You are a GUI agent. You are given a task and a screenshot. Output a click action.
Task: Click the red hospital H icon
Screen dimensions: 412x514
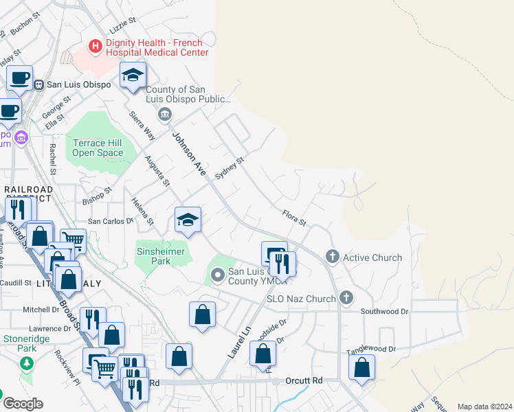[96, 46]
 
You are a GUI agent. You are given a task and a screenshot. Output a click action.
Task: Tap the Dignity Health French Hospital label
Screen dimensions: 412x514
[157, 47]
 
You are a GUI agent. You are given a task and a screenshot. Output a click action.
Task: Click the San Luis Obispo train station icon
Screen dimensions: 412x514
[39, 84]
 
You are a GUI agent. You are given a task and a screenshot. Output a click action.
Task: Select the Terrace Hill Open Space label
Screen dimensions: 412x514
[98, 148]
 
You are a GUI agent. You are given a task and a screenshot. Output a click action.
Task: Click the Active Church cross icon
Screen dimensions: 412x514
[333, 257]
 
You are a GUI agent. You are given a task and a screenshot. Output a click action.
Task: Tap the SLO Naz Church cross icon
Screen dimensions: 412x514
[346, 298]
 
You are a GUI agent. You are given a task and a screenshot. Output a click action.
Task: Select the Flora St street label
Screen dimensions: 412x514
[293, 217]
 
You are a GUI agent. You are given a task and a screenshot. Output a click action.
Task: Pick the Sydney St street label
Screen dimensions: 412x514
[230, 168]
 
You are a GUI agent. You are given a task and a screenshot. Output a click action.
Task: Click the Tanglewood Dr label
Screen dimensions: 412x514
[372, 349]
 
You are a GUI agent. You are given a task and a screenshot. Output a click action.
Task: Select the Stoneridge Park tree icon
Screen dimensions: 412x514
[26, 363]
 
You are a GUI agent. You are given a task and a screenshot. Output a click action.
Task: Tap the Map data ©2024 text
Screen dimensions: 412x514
[484, 407]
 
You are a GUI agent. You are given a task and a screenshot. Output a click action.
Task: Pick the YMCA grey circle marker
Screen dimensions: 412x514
[218, 276]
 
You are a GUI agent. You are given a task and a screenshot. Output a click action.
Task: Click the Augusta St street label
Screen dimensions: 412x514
[157, 170]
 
